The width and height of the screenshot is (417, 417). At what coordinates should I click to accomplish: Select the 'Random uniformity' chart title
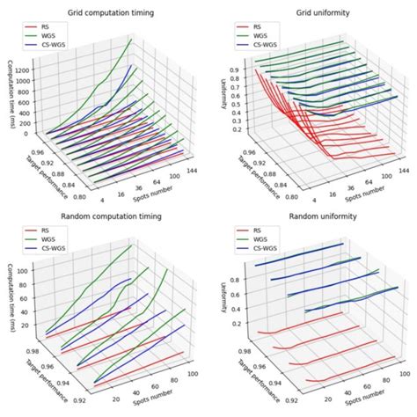click(312, 217)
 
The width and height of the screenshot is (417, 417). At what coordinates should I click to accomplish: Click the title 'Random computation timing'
click(105, 217)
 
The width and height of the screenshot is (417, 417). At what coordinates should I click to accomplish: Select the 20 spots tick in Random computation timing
click(113, 399)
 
